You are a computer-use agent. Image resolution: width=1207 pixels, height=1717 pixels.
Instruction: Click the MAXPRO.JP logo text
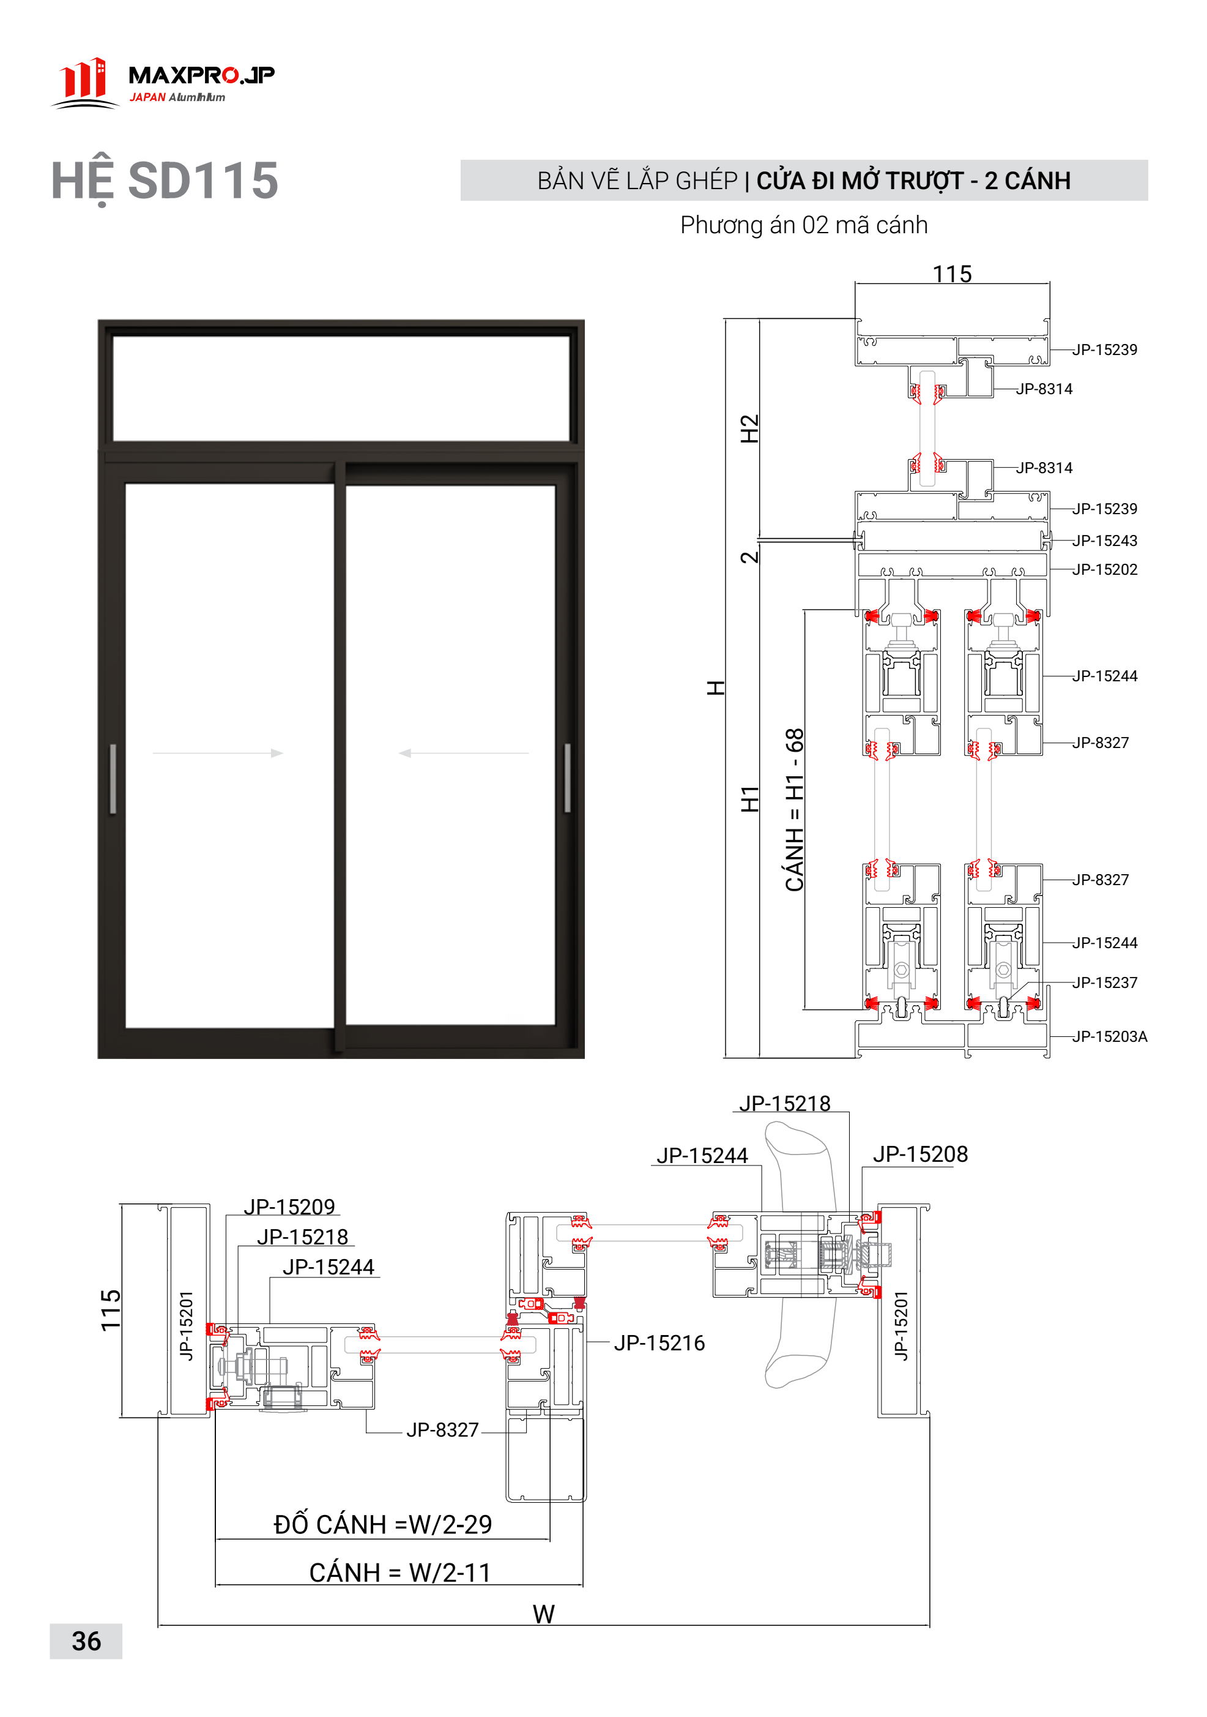[x=201, y=75]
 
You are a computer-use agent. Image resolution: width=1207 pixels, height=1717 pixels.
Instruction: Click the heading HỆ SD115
[x=165, y=181]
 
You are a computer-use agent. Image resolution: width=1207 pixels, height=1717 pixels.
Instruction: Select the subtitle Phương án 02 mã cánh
[x=803, y=225]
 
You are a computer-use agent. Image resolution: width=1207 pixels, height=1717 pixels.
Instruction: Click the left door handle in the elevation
[x=113, y=778]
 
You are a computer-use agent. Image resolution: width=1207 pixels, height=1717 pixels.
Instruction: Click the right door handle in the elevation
[x=567, y=778]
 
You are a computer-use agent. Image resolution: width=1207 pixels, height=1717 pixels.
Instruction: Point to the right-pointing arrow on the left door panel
[x=218, y=753]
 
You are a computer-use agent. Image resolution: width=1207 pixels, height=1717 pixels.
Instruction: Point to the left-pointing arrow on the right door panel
[x=463, y=753]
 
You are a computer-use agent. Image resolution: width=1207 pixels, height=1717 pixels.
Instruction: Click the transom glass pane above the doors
[x=341, y=388]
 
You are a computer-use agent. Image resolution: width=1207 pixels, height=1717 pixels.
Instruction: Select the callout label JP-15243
[x=1105, y=541]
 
